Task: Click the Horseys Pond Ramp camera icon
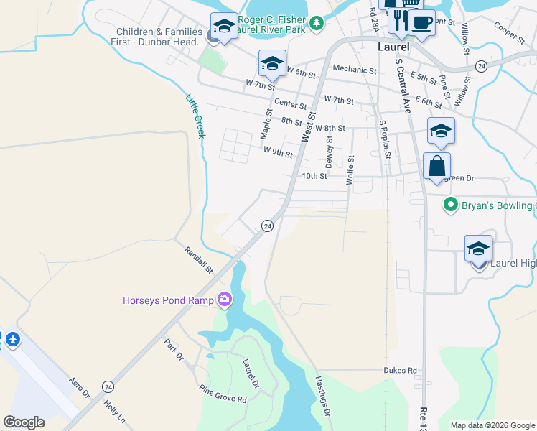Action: [225, 298]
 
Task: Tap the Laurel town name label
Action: [393, 47]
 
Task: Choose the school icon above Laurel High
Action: [478, 249]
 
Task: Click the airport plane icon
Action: [12, 338]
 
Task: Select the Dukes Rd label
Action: [402, 371]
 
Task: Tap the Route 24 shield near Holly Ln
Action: [108, 386]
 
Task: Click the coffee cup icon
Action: [422, 22]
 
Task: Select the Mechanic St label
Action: [355, 70]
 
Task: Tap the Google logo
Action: [24, 422]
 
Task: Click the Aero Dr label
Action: [79, 389]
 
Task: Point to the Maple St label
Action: [265, 124]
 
